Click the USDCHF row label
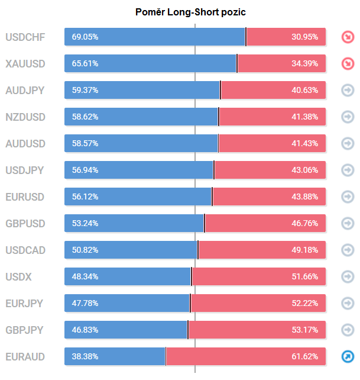coord(25,37)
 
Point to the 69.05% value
coord(85,37)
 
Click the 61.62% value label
coord(305,356)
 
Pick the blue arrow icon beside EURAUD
coord(348,356)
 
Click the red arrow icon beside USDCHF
coord(348,37)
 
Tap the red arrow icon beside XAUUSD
coord(348,64)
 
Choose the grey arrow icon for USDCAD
coord(348,250)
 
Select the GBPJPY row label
coord(25,330)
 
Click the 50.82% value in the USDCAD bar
coord(85,250)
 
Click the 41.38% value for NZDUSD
coord(305,117)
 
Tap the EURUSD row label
coord(25,197)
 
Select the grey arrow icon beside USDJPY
coord(348,170)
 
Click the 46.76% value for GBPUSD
coord(305,223)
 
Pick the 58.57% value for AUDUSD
coord(85,144)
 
